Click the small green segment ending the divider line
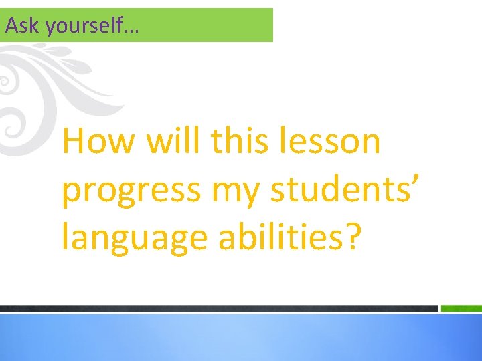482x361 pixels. click(x=461, y=308)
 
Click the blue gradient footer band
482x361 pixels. click(x=241, y=338)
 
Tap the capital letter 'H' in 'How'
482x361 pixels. click(x=75, y=142)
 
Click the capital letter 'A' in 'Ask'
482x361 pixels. click(x=9, y=26)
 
